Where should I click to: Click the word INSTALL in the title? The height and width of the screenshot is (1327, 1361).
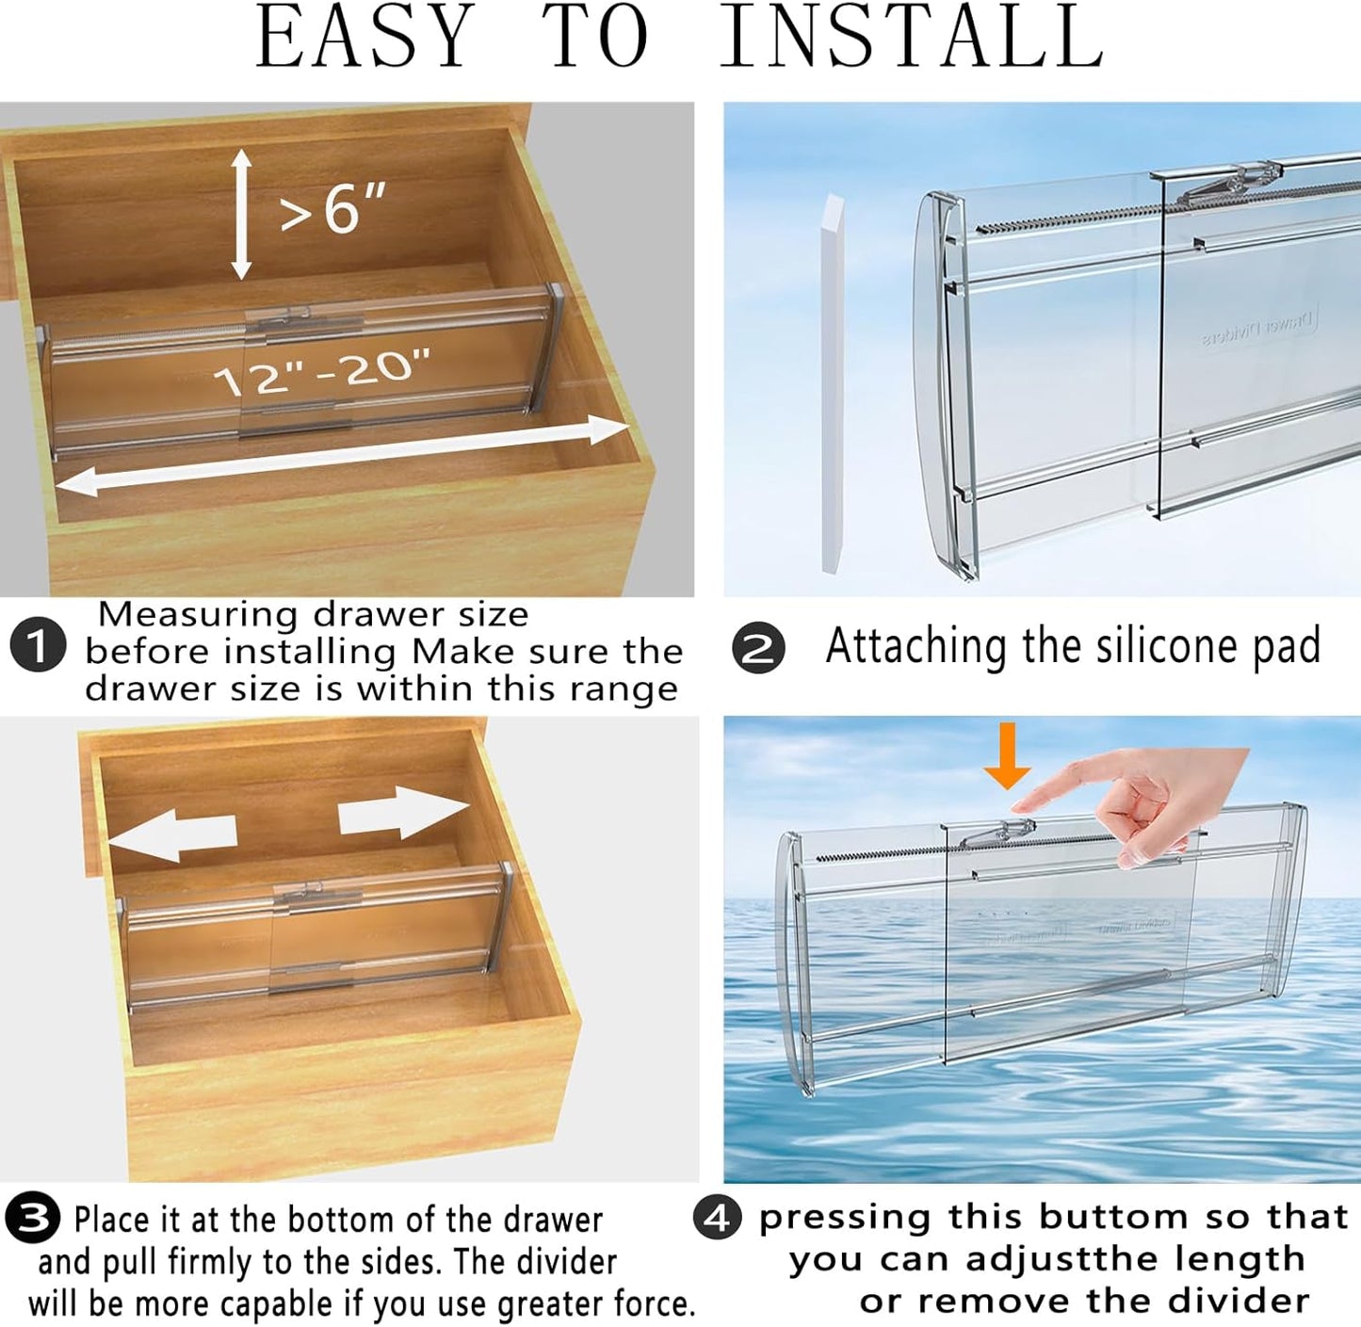point(911,38)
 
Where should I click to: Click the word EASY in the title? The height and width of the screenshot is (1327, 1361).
point(365,38)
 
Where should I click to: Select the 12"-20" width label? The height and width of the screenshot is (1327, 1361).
point(322,372)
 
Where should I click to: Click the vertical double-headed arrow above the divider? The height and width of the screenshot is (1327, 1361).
point(242,215)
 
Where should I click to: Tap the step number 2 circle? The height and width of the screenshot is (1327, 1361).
point(758,650)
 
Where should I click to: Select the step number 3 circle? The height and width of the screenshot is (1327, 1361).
point(33,1218)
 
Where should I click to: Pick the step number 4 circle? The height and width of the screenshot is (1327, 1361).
point(718,1218)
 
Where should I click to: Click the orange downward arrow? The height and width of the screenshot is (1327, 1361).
point(1008,756)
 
